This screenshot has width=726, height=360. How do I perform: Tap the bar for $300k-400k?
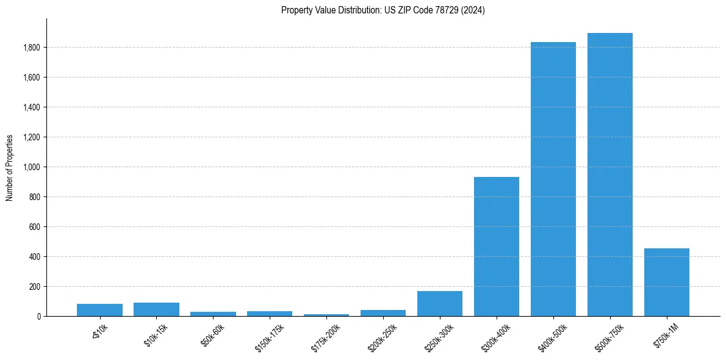496,247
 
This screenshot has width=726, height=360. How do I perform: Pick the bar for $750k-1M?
666,283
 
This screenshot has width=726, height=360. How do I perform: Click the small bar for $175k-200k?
326,315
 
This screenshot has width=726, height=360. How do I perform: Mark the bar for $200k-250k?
383,313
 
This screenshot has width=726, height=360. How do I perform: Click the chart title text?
383,10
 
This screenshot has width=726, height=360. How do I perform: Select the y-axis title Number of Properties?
10,167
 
